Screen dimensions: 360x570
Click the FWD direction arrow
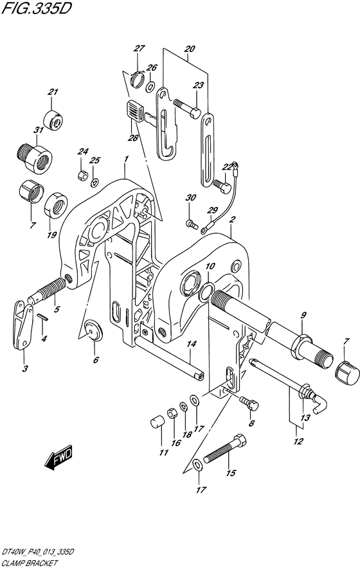[59, 457]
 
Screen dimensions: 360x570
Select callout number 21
[53, 92]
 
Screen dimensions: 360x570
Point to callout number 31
[38, 130]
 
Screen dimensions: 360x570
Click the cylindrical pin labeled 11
[157, 423]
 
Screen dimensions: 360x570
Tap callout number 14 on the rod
[192, 344]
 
